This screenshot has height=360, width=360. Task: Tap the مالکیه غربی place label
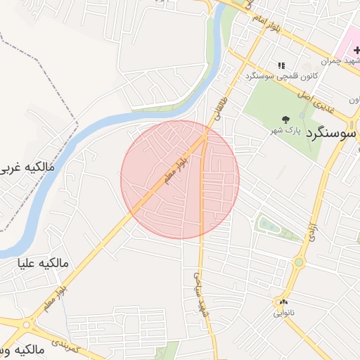(x=29, y=168)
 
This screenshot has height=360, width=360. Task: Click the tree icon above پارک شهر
(x=285, y=119)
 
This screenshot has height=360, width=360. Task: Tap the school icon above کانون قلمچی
(x=281, y=65)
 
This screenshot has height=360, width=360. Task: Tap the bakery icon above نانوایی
(x=283, y=301)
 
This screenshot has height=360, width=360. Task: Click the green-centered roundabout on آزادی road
(x=299, y=264)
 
